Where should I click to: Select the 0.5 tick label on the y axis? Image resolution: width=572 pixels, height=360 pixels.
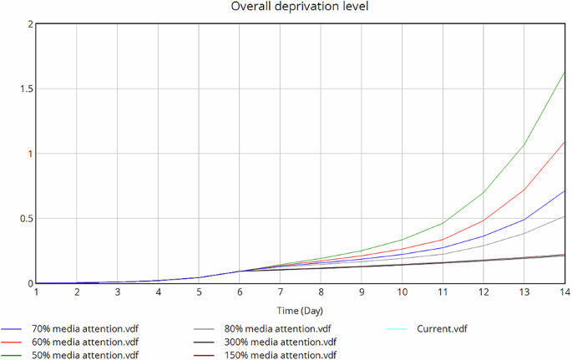click(26, 219)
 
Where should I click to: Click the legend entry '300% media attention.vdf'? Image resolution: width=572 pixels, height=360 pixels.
click(281, 342)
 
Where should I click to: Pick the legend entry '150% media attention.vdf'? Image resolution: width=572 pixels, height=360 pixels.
click(281, 354)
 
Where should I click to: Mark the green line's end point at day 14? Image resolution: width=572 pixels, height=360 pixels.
click(565, 72)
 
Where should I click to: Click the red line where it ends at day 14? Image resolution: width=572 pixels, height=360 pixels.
click(565, 141)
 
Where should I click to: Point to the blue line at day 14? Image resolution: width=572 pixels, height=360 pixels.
click(565, 190)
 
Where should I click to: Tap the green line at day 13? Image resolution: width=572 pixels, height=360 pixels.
click(524, 145)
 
